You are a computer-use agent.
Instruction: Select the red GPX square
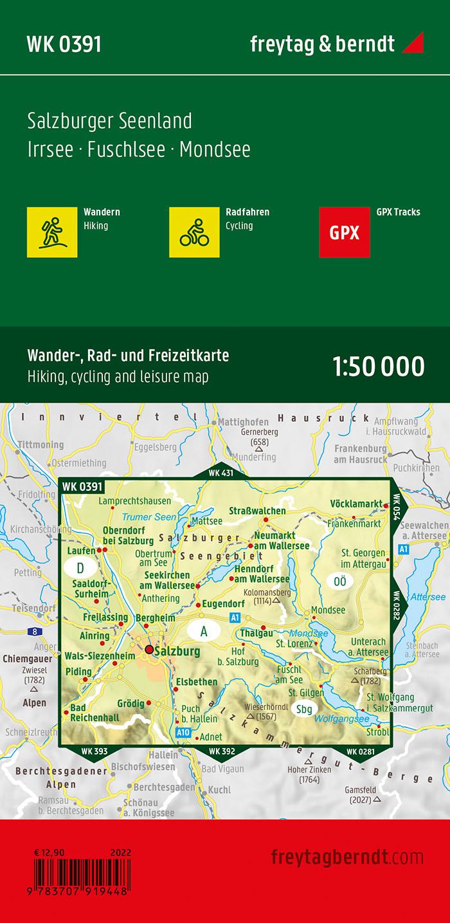[x=345, y=232]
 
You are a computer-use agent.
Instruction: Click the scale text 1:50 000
[x=379, y=366]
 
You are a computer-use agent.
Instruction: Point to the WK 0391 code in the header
[x=64, y=44]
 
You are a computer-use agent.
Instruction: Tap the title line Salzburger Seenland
[x=110, y=121]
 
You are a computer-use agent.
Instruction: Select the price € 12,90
[x=51, y=853]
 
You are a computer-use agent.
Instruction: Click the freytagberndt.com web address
[x=347, y=857]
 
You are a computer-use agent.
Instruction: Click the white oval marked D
[x=80, y=568]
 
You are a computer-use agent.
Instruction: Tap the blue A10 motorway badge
[x=183, y=732]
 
